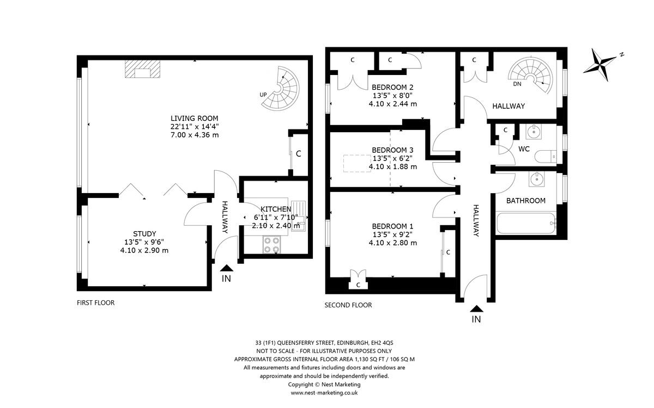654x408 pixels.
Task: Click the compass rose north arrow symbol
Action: click(599, 65)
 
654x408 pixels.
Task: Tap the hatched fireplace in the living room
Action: click(142, 69)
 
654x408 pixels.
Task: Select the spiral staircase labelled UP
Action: click(281, 88)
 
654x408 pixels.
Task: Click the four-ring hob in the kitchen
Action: click(272, 245)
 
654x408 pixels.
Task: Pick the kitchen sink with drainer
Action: click(298, 216)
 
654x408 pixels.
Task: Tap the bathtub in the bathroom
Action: click(526, 224)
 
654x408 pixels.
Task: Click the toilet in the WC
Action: click(546, 157)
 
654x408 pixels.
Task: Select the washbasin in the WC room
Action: click(534, 132)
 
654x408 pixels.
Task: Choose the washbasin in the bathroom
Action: click(537, 179)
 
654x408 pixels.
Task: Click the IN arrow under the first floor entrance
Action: click(227, 268)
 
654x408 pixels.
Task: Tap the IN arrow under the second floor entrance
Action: click(476, 308)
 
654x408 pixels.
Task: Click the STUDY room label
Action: click(144, 234)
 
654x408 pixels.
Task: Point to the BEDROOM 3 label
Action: click(393, 150)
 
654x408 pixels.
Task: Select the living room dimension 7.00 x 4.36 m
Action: click(195, 135)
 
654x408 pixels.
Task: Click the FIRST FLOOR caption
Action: click(96, 303)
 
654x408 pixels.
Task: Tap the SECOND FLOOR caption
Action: click(348, 305)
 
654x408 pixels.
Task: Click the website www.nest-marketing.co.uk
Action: click(324, 393)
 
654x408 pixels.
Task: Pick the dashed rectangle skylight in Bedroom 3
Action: click(357, 164)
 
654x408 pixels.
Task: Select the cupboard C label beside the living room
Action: click(299, 153)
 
